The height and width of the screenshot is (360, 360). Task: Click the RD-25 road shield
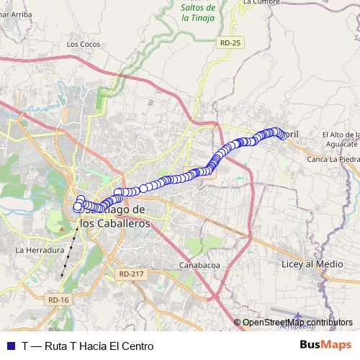point(230,43)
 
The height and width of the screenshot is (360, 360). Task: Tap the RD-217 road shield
point(132,274)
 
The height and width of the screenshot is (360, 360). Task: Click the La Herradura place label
point(40,250)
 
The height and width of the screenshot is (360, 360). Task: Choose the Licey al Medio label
point(312,264)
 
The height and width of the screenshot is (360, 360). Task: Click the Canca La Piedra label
point(333,160)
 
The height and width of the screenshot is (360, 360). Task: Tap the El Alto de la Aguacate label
point(341,140)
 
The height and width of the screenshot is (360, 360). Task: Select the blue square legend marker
point(11,346)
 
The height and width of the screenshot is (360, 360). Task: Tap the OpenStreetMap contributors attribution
point(297,322)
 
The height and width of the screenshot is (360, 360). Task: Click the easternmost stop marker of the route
point(283,135)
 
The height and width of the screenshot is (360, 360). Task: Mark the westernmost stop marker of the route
point(77,208)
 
